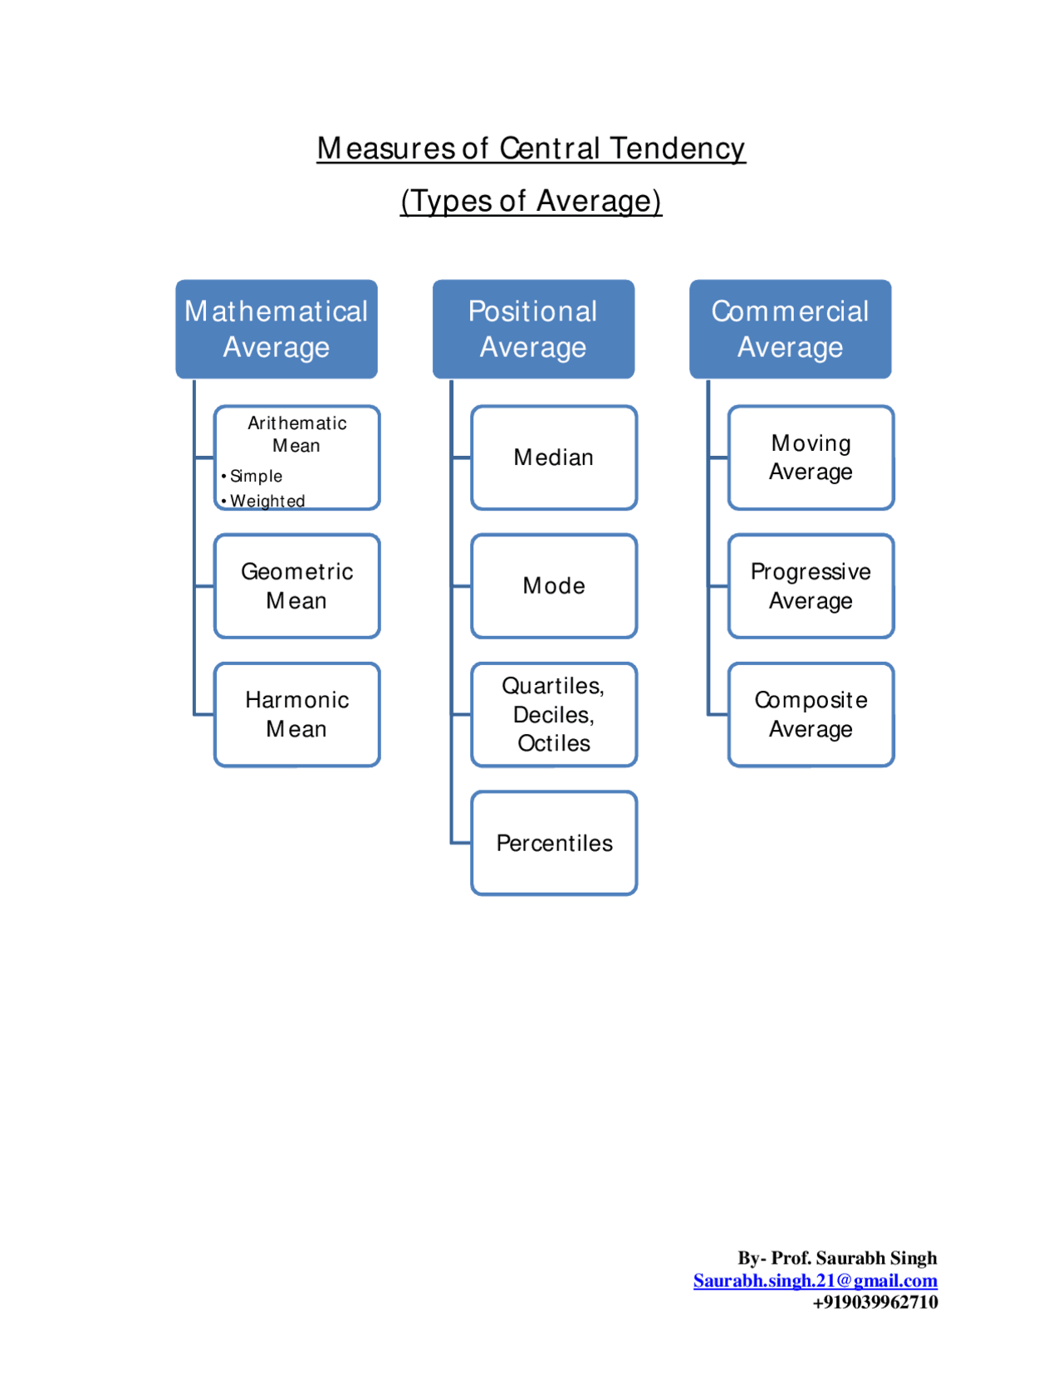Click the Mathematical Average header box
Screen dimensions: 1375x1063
point(277,329)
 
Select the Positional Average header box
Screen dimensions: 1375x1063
point(533,329)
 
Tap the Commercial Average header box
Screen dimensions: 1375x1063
point(790,329)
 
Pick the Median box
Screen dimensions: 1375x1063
point(554,458)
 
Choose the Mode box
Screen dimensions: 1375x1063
point(554,586)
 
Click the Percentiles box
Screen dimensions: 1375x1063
point(554,843)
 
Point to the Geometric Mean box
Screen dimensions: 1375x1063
point(297,586)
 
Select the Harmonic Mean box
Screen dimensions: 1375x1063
point(297,714)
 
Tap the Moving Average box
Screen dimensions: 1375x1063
point(811,458)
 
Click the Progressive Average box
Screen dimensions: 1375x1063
point(811,586)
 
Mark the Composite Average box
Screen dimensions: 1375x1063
point(811,714)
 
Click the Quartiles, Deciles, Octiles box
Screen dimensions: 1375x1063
point(554,714)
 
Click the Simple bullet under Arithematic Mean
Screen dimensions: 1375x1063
point(256,477)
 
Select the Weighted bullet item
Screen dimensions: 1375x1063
point(267,501)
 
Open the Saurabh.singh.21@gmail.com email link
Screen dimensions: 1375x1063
point(816,1280)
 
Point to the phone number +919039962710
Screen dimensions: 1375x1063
point(875,1302)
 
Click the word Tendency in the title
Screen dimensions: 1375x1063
point(678,149)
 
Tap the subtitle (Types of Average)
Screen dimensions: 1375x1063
point(531,201)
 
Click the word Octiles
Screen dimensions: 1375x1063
point(554,743)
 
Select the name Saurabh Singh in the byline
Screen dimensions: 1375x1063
point(876,1258)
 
